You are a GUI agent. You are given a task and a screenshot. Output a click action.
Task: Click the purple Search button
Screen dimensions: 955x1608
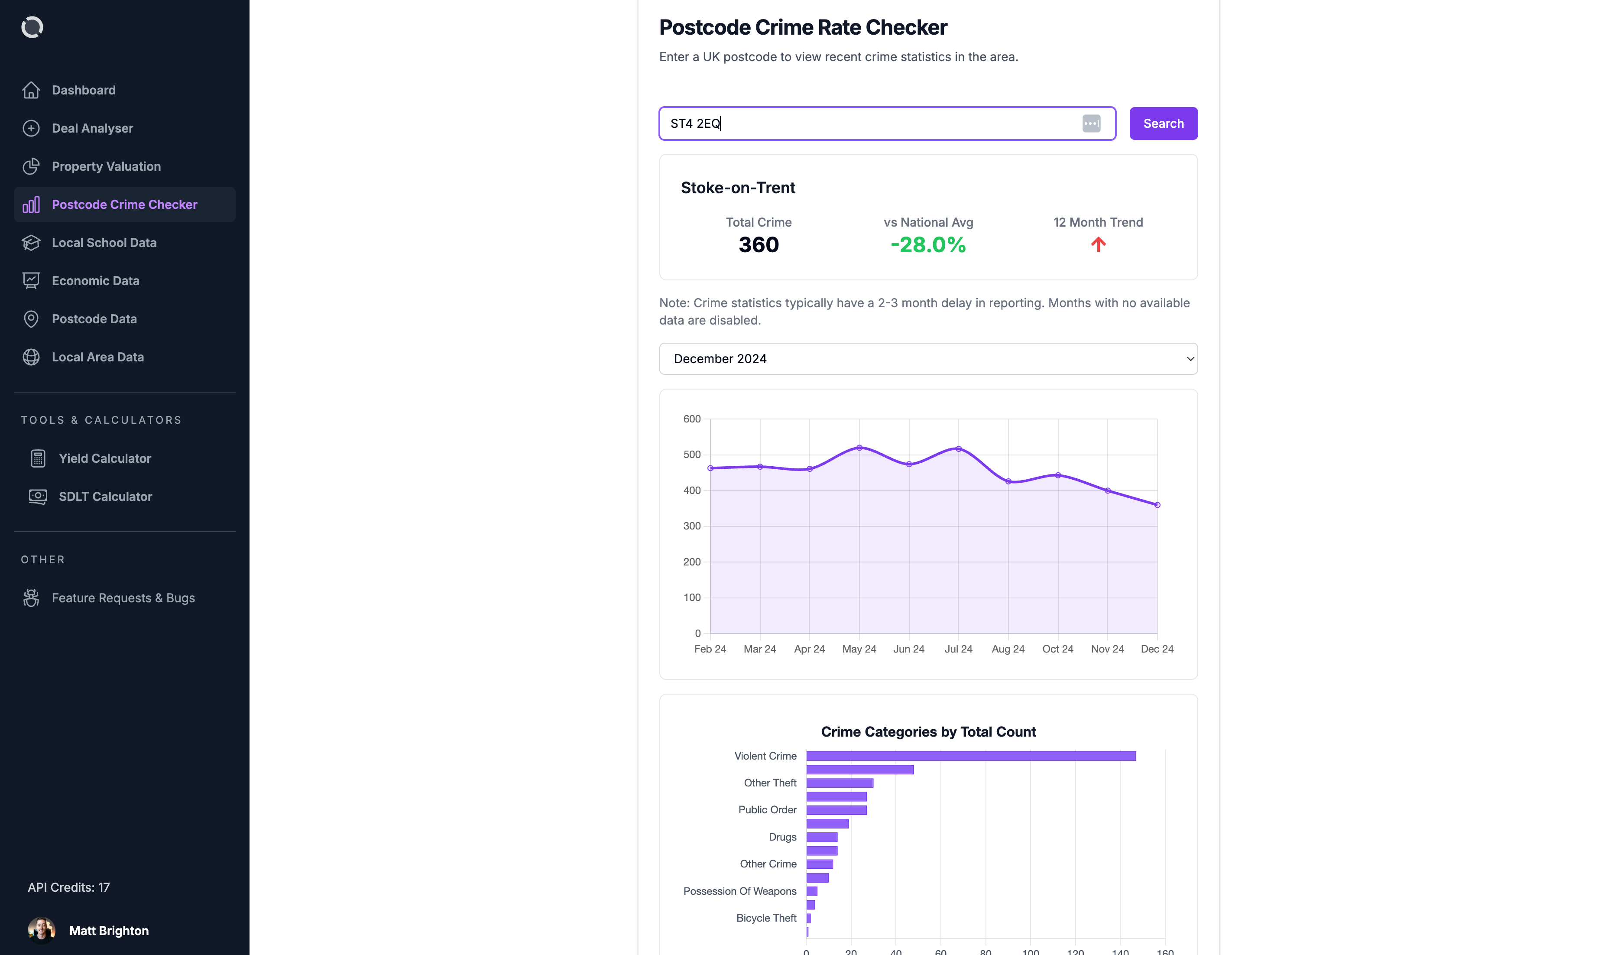click(1163, 123)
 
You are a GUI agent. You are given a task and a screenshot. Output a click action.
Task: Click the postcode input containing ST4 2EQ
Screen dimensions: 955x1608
click(868, 123)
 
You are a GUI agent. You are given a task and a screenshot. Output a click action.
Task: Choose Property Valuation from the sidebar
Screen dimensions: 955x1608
click(106, 166)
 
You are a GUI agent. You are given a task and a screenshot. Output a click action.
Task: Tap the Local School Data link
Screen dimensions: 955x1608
click(104, 243)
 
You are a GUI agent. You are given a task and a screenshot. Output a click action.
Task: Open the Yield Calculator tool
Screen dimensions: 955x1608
click(105, 458)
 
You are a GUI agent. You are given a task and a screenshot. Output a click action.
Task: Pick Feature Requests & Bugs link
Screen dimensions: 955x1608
click(123, 598)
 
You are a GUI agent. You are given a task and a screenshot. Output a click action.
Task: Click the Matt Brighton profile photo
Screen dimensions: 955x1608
click(41, 930)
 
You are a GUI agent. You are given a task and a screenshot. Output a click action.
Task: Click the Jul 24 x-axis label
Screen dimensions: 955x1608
click(958, 649)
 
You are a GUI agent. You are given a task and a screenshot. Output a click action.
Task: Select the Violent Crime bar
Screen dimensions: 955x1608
click(971, 756)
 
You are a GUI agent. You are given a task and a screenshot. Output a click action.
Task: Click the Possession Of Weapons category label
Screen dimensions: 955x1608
click(740, 890)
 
